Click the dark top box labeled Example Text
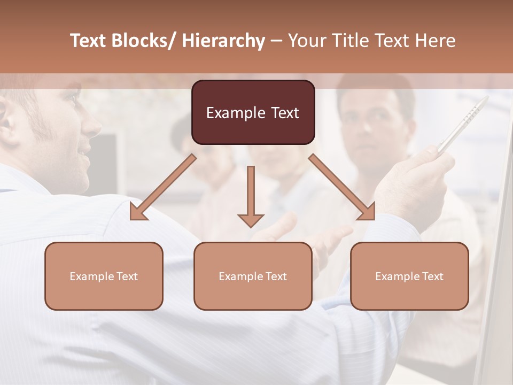tap(253, 112)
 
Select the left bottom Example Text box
tap(104, 276)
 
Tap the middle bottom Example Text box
tap(253, 276)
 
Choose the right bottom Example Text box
tap(409, 276)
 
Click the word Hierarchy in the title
tap(223, 41)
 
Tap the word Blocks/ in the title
tap(143, 41)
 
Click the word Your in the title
tap(307, 41)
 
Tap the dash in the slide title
tap(276, 41)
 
